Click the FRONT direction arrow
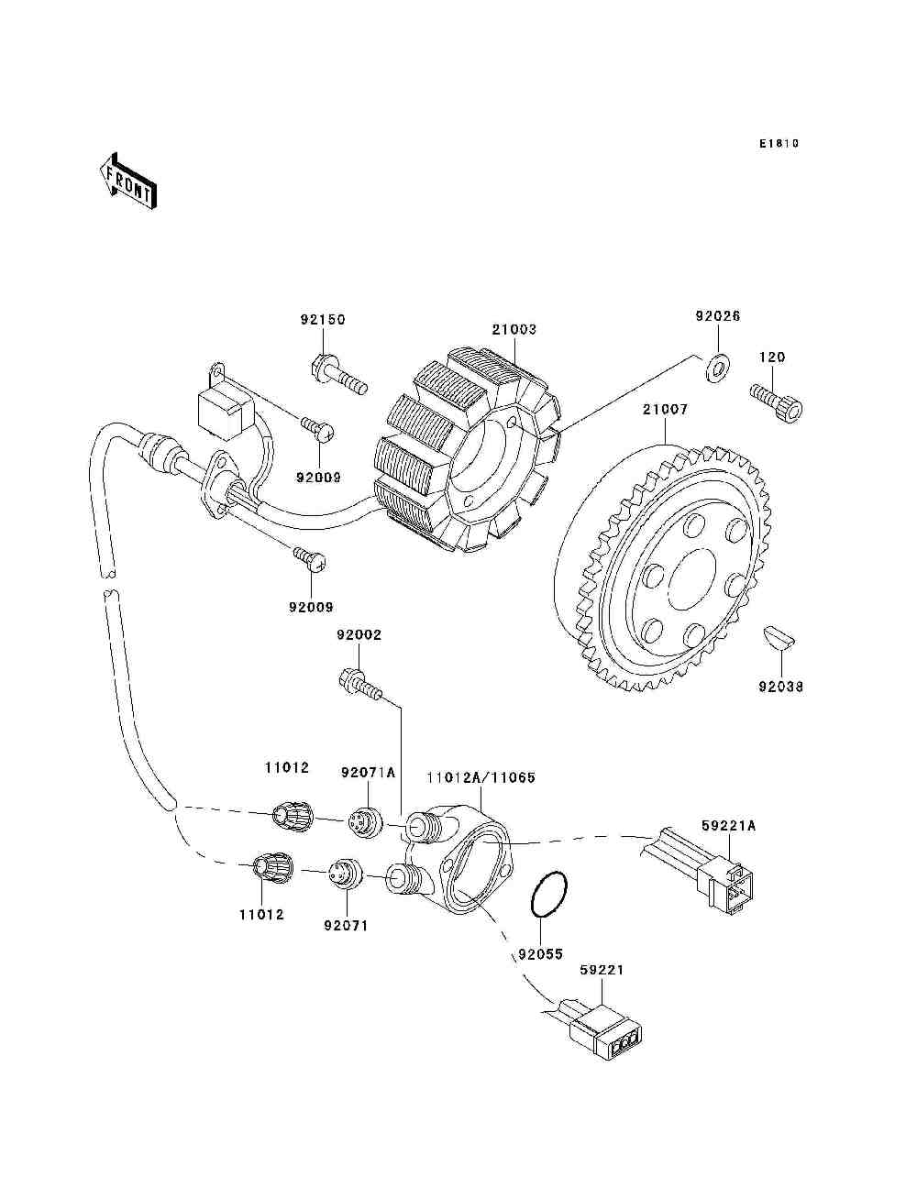point(128,181)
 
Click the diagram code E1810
point(779,144)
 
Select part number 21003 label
point(514,329)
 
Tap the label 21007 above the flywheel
point(665,409)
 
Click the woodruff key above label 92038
point(779,637)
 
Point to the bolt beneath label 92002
point(360,683)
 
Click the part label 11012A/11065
point(481,777)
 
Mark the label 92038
point(781,687)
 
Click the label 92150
point(323,320)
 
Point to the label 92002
point(359,635)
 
